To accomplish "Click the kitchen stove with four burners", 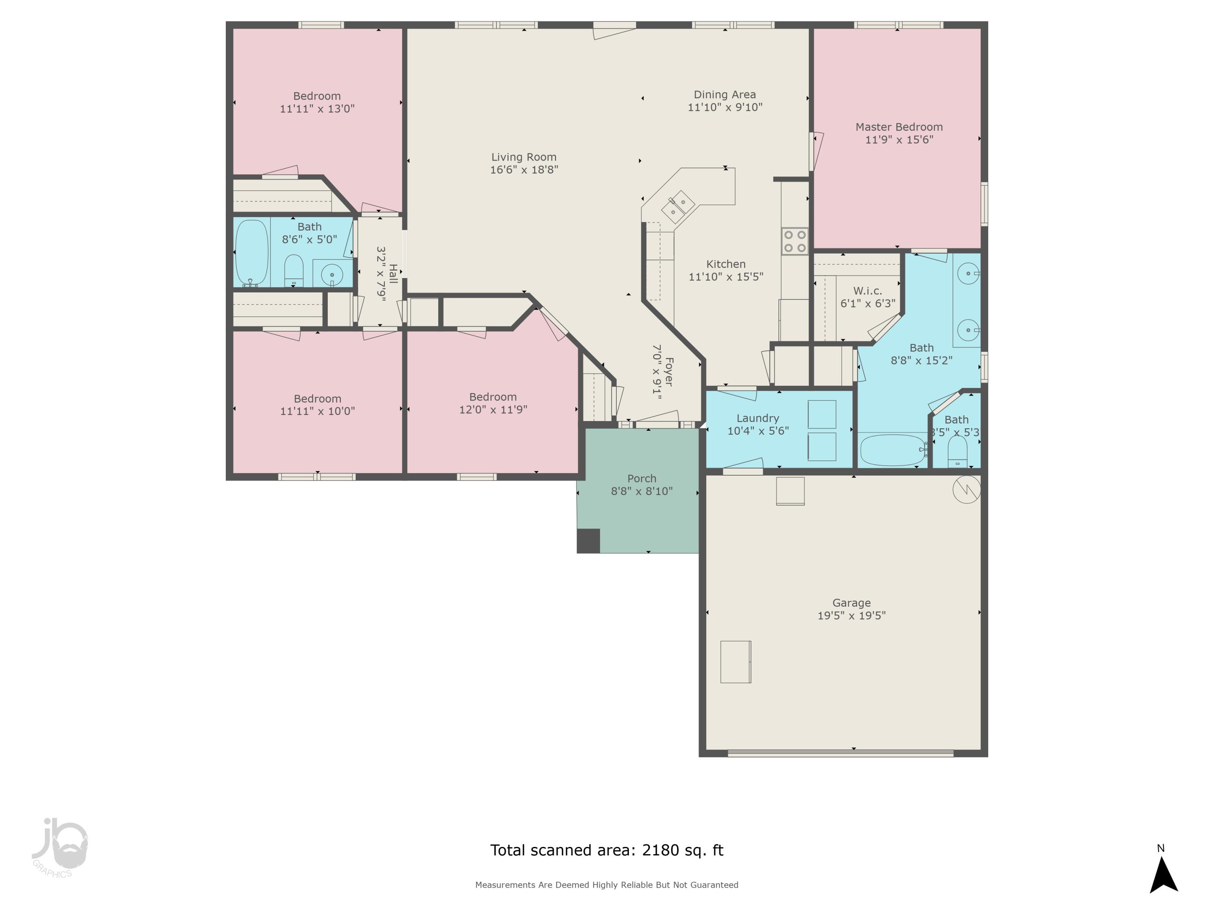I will [x=795, y=241].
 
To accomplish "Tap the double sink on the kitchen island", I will [x=678, y=206].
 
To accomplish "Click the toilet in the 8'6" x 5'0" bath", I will [x=294, y=270].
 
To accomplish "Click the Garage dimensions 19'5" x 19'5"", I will [x=851, y=616].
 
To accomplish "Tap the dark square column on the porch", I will [x=588, y=541].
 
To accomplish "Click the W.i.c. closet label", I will [x=867, y=291].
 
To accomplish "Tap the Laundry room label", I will [x=758, y=418].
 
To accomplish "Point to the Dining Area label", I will [x=724, y=94].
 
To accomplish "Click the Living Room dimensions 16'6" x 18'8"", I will [x=524, y=169].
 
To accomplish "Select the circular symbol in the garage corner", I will [x=966, y=489].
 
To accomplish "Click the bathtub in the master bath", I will [x=892, y=450].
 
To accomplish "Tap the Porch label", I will [x=641, y=478].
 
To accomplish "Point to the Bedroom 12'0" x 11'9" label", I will [x=492, y=397].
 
